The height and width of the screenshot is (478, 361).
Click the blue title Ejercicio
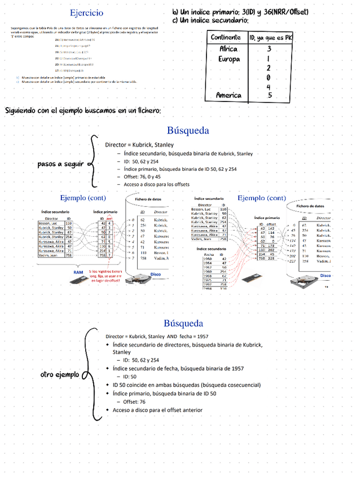point(86,12)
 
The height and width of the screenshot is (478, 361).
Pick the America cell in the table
point(228,95)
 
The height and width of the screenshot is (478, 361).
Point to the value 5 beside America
point(270,95)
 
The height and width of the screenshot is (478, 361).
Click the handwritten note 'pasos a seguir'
point(60,164)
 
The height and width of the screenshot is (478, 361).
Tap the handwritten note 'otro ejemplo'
point(59,374)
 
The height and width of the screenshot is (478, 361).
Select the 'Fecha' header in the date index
point(205,254)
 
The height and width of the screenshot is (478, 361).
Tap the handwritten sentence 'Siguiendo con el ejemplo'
point(83,110)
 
